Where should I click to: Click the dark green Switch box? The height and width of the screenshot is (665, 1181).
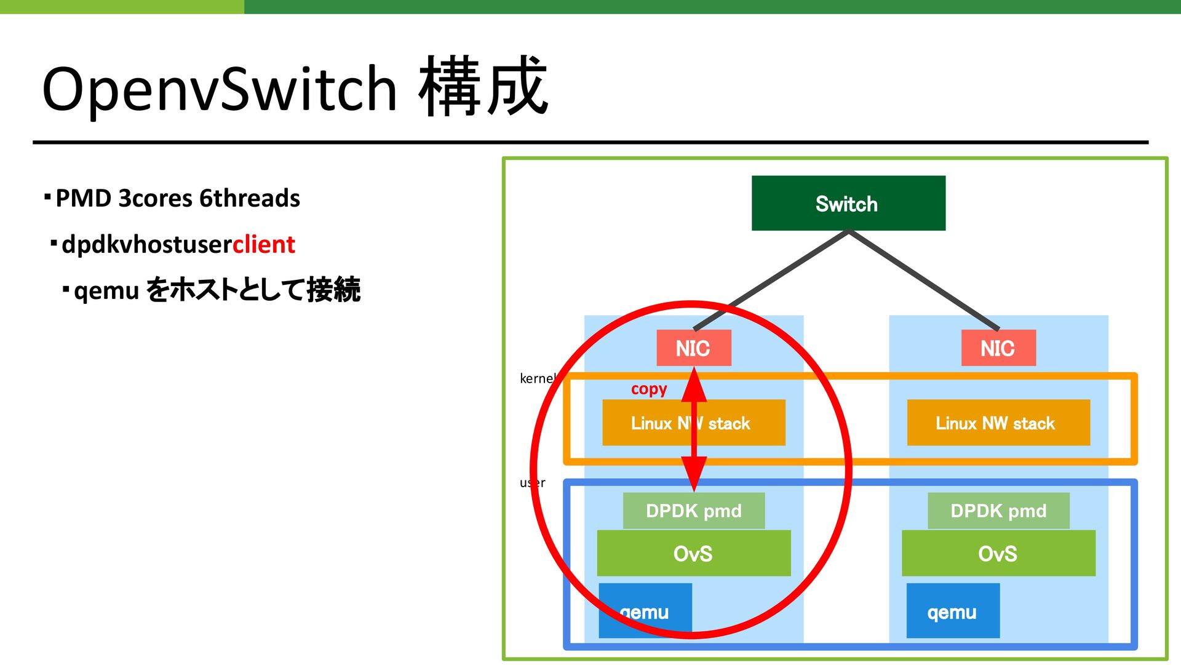pos(848,203)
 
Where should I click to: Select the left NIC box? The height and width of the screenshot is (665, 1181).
pos(694,348)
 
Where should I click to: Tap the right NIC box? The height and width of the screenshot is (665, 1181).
pos(998,348)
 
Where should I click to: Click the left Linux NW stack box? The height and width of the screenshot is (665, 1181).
pos(694,423)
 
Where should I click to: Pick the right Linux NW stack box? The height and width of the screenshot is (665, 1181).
pos(998,423)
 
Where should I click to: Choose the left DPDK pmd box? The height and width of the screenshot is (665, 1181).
pos(694,511)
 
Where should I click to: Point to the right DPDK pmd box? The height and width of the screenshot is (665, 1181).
pos(998,511)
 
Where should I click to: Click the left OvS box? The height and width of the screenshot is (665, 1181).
pos(694,553)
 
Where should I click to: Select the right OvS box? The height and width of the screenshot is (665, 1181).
pos(998,553)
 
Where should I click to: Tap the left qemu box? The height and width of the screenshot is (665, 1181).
pos(645,610)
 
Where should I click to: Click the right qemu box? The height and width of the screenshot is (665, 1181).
pos(953,610)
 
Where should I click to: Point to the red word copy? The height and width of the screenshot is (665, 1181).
pos(649,389)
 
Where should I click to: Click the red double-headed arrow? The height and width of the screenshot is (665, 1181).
pos(694,429)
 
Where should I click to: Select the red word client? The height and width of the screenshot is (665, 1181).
pos(264,244)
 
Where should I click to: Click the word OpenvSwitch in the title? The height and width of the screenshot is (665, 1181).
pos(220,89)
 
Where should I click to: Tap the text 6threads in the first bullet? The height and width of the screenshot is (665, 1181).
pos(250,198)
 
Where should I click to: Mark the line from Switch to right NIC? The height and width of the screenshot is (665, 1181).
pos(923,280)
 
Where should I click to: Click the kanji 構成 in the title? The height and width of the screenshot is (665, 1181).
pos(483,86)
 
